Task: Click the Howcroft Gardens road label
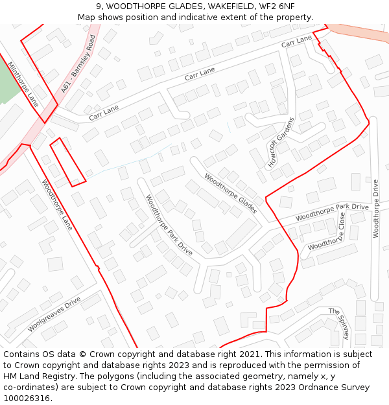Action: tap(281, 143)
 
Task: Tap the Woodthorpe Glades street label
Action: tap(231, 193)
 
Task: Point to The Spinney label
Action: tap(339, 323)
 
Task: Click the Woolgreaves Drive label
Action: tap(54, 314)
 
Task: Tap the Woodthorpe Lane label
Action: tap(58, 205)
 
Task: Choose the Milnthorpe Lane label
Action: tap(23, 84)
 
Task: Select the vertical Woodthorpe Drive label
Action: tap(376, 209)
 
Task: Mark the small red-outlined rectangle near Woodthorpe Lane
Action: tap(68, 161)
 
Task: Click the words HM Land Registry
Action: tap(38, 376)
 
